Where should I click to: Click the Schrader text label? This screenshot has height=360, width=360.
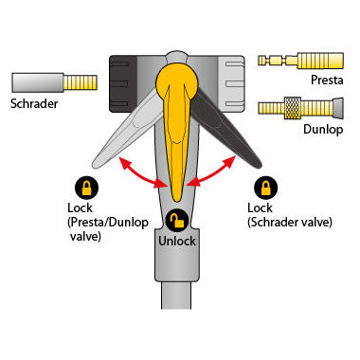(x=32, y=103)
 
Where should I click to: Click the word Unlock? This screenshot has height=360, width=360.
(x=177, y=241)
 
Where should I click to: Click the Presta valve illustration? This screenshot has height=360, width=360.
(x=304, y=60)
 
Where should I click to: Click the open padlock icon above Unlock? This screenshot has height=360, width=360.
(x=177, y=221)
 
